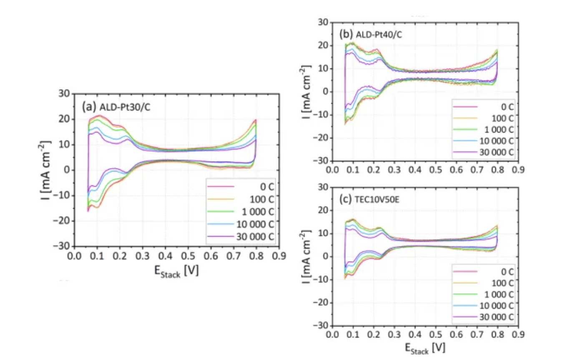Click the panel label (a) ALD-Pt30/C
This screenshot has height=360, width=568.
pyautogui.click(x=116, y=107)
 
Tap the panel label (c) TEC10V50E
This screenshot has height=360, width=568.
pyautogui.click(x=369, y=199)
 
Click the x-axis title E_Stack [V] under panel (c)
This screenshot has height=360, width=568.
pyautogui.click(x=424, y=347)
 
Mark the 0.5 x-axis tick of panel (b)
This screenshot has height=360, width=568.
pyautogui.click(x=435, y=170)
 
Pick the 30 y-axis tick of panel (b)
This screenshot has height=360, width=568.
pyautogui.click(x=324, y=22)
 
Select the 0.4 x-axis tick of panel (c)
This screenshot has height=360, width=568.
pyautogui.click(x=415, y=334)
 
